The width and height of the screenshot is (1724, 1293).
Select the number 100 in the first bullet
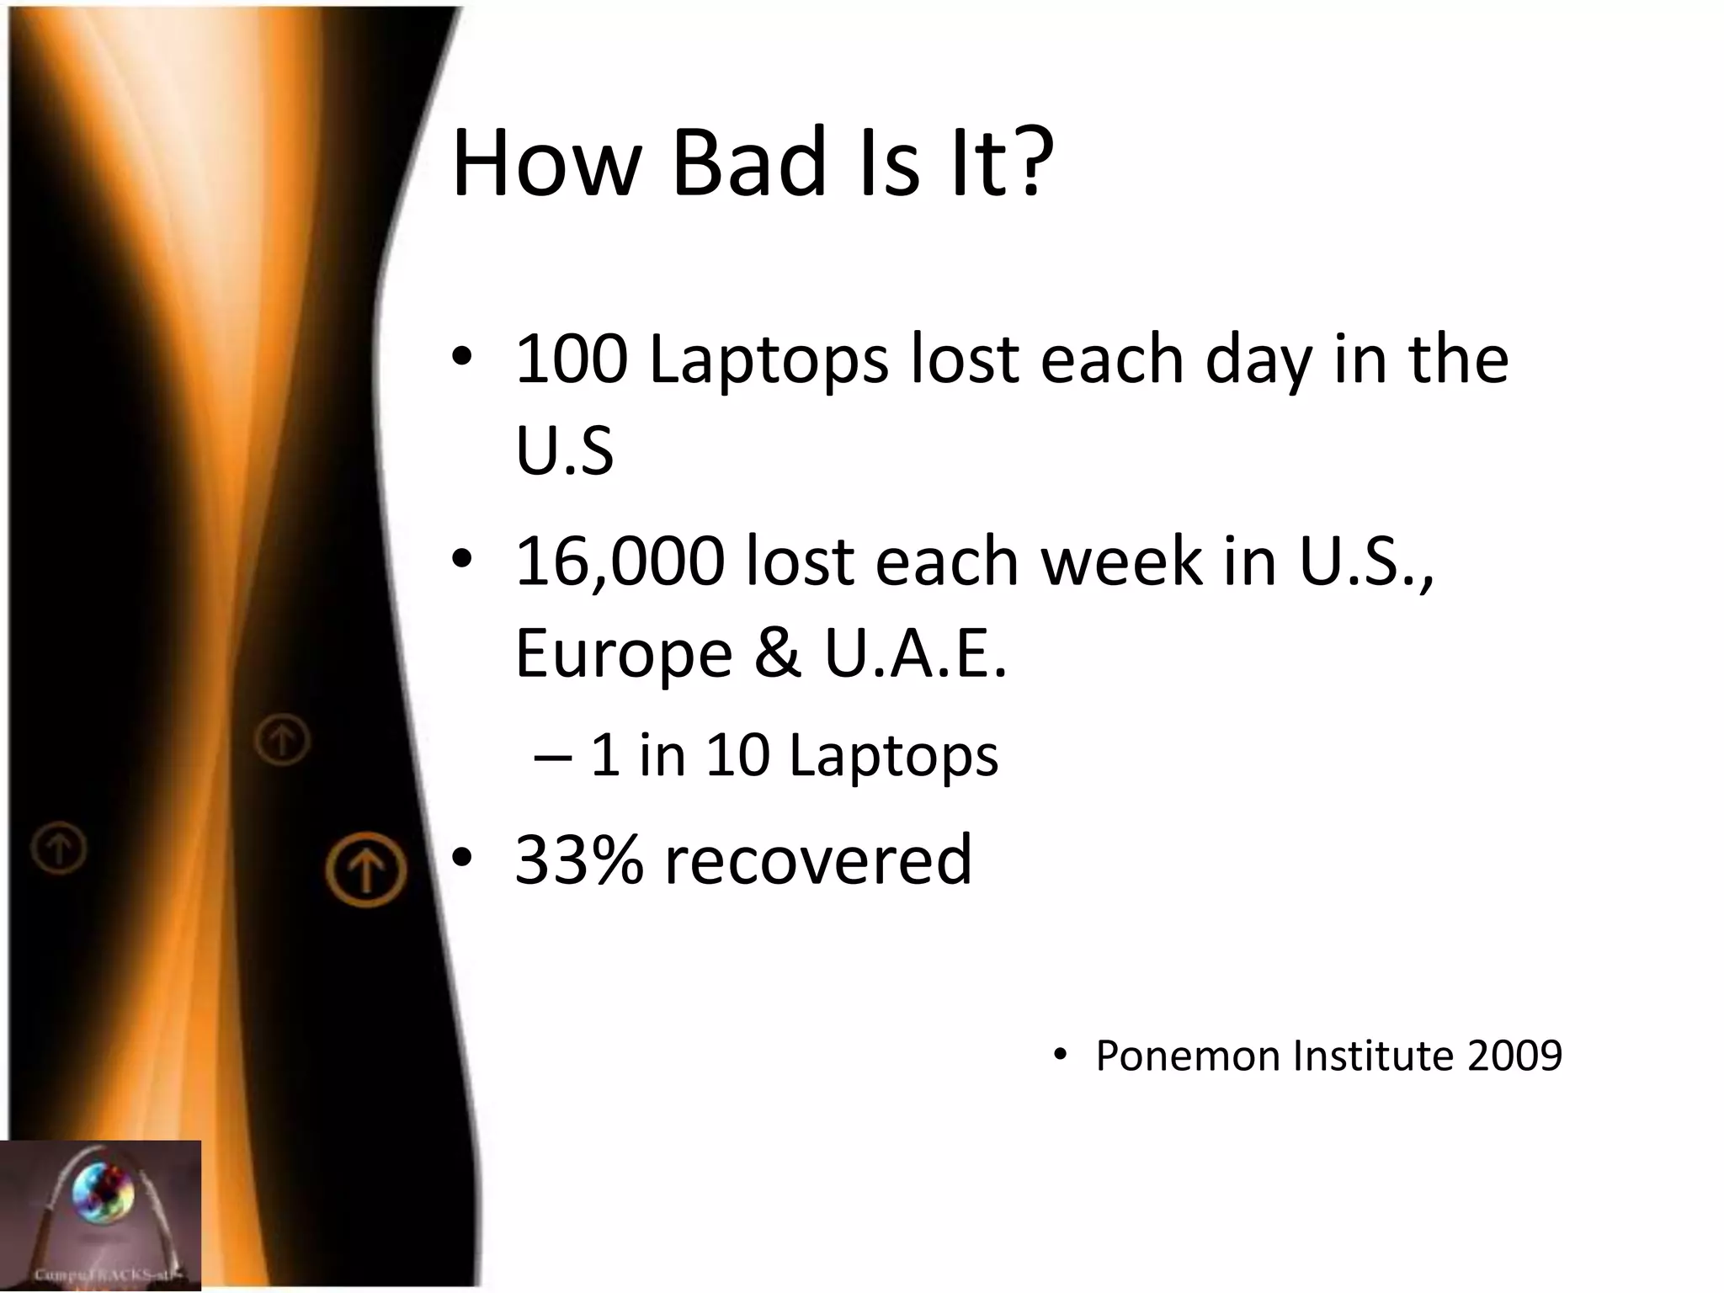tap(571, 360)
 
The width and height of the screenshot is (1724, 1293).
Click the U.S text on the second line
tap(564, 451)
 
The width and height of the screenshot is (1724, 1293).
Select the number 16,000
tap(620, 562)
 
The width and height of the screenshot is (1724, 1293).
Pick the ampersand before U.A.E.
tap(776, 653)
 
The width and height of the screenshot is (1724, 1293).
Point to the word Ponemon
tap(1186, 1056)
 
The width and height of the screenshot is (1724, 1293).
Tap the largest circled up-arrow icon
tap(366, 869)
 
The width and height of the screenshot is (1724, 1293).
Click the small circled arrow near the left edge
tap(59, 849)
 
